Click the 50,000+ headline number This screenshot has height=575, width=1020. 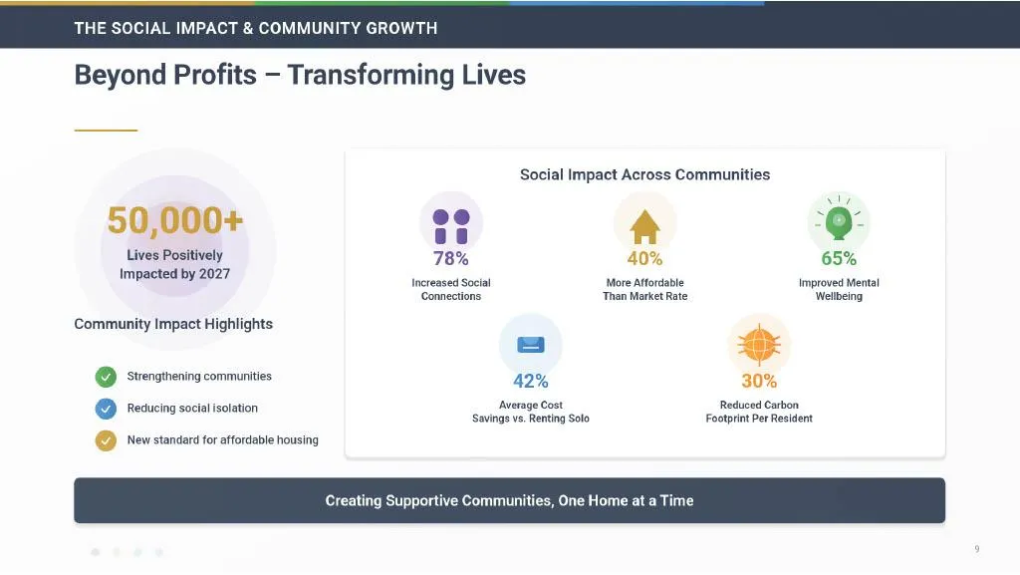coord(175,220)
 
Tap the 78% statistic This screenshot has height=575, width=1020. coord(451,258)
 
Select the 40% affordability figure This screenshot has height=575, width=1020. coord(644,258)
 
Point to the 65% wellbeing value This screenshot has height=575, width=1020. coord(839,258)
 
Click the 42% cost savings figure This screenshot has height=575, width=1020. coord(531,381)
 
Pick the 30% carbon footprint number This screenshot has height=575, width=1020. coord(759,381)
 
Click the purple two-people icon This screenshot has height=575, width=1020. coord(451,226)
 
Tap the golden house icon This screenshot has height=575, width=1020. coord(644,227)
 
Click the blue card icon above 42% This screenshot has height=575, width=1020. coord(531,344)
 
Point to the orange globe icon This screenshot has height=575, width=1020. coord(759,344)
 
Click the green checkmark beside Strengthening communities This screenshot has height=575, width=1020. coord(106,377)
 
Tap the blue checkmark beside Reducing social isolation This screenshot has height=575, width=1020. coord(106,409)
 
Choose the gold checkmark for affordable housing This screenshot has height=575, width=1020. coord(106,440)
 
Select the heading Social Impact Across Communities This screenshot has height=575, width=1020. coord(644,174)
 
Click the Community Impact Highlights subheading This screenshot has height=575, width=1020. coord(173,324)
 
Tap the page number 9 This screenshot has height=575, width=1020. coord(977,549)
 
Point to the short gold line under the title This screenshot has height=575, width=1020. coord(106,131)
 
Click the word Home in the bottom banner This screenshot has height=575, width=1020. coord(607,500)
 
